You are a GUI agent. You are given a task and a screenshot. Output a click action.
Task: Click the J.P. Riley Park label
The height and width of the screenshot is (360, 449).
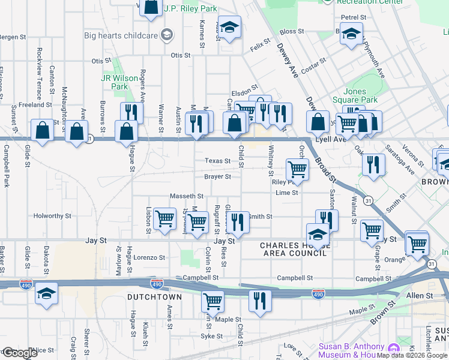[190, 9]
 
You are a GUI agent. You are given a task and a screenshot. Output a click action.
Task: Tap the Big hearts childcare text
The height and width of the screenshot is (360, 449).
[121, 35]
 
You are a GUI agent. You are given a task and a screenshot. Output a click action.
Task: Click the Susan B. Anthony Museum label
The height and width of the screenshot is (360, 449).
[351, 350]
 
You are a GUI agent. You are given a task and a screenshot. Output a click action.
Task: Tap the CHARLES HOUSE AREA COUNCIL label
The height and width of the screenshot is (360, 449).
[294, 249]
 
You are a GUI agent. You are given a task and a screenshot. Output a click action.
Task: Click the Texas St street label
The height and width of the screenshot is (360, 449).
[217, 161]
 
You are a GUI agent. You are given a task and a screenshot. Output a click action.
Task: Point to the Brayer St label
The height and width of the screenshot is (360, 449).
[217, 177]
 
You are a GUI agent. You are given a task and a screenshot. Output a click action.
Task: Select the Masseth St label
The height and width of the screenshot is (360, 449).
[187, 196]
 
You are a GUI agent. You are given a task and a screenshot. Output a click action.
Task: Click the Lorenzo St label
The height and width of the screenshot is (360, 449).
[149, 257]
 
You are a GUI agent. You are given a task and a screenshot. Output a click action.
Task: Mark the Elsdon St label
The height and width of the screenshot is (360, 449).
[244, 86]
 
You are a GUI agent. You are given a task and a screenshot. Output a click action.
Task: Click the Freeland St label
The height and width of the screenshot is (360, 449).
[32, 104]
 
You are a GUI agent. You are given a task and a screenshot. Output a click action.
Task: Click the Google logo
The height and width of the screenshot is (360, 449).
[20, 353]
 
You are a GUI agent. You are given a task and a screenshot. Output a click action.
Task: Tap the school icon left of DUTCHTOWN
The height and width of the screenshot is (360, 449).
[46, 294]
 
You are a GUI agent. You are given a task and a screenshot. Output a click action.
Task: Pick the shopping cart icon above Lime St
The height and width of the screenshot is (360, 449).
[297, 169]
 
